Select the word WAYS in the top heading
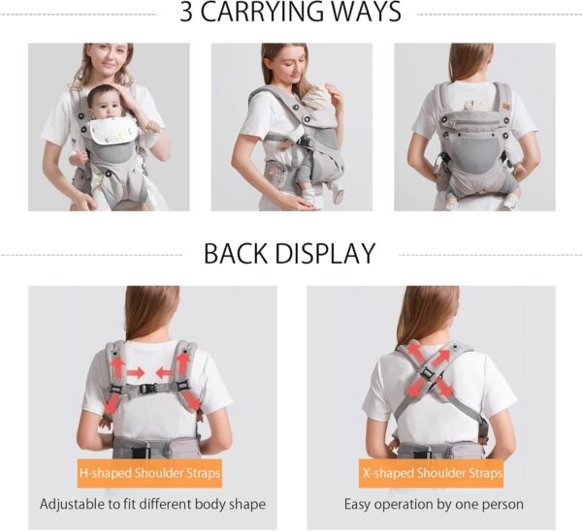pos(363,14)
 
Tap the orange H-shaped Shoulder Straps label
pos(150,474)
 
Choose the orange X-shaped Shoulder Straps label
pos(432,474)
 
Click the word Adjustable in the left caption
pos(76,504)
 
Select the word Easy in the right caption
pos(360,504)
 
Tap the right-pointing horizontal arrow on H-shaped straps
pos(136,373)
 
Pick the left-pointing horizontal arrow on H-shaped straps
pos(164,373)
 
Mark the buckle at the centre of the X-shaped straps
pos(429,372)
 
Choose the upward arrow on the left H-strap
pos(118,366)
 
